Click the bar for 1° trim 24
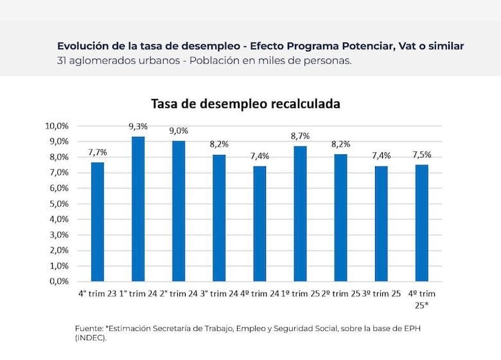[x=138, y=209]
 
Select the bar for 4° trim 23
[x=98, y=222]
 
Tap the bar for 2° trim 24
[x=179, y=211]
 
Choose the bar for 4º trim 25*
[x=421, y=223]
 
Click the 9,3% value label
[x=138, y=127]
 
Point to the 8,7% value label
[x=300, y=136]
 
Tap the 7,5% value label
[x=421, y=154]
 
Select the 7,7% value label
[x=98, y=152]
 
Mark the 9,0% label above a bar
[x=179, y=131]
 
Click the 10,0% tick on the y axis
[x=58, y=125]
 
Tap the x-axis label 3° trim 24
[x=219, y=294]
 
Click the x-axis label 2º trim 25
[x=340, y=294]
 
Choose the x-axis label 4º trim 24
[x=259, y=294]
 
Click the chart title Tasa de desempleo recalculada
[x=245, y=104]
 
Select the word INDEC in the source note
[x=90, y=337]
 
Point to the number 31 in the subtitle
[x=62, y=61]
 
